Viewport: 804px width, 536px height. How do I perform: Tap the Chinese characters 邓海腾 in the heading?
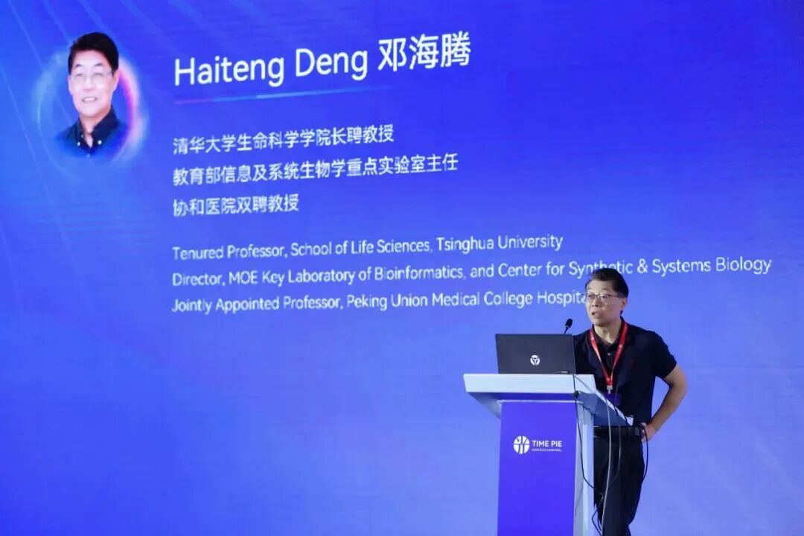(424, 55)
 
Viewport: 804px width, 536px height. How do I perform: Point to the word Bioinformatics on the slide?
(420, 273)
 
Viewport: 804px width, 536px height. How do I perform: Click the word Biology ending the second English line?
(742, 266)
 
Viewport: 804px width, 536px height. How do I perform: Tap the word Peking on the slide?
(368, 301)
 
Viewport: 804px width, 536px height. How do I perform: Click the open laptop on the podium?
(535, 354)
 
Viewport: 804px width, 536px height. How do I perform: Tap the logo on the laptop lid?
(535, 360)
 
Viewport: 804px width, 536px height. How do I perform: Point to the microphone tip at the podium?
(568, 324)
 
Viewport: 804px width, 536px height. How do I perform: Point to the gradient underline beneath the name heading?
(283, 94)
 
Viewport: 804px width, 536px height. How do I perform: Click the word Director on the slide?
(197, 279)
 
